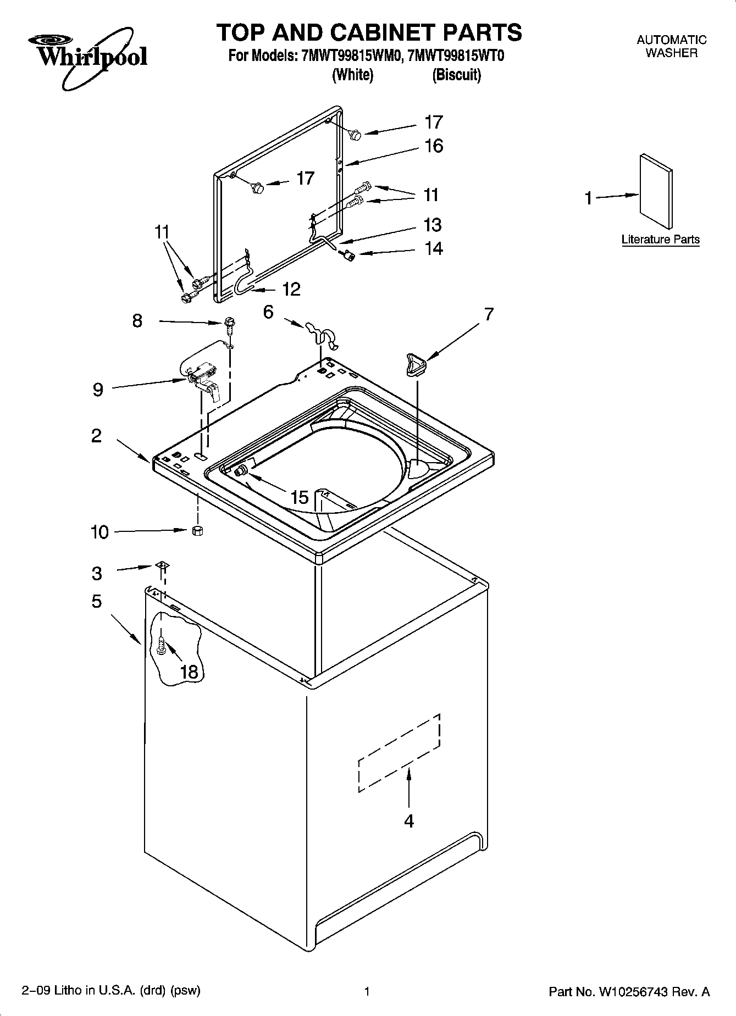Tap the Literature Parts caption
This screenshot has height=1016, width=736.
pos(660,240)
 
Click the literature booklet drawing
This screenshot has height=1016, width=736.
pos(656,191)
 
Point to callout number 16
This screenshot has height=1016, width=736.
pos(433,146)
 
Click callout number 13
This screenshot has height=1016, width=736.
pos(433,225)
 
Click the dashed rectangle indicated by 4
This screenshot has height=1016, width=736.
pos(399,753)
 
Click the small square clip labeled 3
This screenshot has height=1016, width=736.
pos(162,565)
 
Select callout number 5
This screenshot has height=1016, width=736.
pos(96,602)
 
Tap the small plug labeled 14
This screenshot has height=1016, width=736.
pos(347,254)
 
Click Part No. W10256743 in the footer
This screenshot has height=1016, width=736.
pos(629,992)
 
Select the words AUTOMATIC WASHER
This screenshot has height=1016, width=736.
pos(671,47)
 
